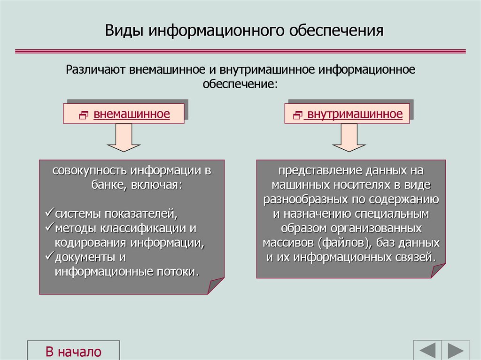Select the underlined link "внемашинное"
coord(132,114)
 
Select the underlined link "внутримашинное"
coord(353,115)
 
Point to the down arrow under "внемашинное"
coord(124,139)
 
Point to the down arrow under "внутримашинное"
coord(349,139)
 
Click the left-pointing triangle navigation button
coord(427,351)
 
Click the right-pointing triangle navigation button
coord(456,351)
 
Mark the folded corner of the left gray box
coord(216,286)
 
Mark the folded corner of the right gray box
coord(437,271)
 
